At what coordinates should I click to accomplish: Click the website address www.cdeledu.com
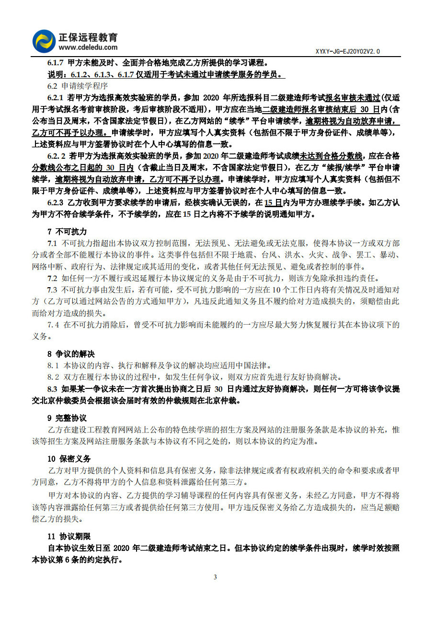point(88,47)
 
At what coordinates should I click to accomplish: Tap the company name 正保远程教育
point(88,37)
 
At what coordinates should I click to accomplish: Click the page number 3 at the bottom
point(215,577)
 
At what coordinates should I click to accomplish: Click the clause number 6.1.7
point(56,63)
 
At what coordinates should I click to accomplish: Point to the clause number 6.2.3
point(56,203)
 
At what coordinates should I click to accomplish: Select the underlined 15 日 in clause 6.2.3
point(273,203)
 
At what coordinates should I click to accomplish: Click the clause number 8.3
point(52,389)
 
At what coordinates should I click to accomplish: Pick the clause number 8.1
point(53,365)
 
